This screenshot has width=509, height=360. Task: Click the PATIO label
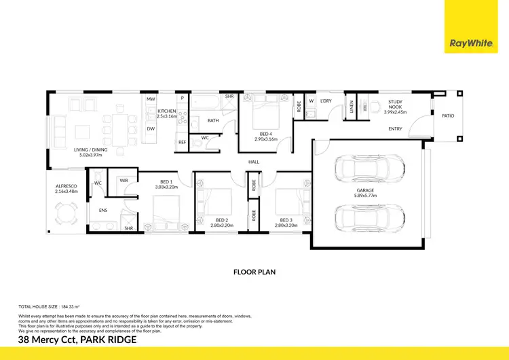click(448, 115)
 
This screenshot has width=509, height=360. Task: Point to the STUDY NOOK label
click(396, 104)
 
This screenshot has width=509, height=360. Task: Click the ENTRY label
click(395, 128)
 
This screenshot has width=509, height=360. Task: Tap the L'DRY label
click(326, 101)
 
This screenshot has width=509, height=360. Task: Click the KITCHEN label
click(166, 111)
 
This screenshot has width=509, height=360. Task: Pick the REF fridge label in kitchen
click(182, 142)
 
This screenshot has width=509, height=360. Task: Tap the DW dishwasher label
click(151, 128)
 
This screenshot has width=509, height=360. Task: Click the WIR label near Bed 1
click(124, 180)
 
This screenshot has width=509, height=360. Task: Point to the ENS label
click(103, 211)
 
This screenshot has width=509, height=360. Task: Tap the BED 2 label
click(222, 219)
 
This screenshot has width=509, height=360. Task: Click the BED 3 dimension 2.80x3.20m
click(288, 225)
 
